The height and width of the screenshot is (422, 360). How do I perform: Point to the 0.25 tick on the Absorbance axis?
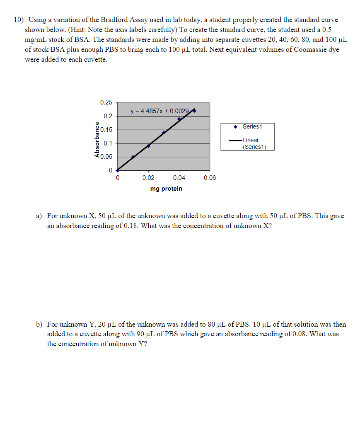[x=106, y=102]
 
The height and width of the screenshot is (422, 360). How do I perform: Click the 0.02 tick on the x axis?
[x=148, y=178]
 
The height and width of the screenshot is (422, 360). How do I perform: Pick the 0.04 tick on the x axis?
[x=179, y=178]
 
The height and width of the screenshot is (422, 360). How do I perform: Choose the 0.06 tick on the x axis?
[x=210, y=178]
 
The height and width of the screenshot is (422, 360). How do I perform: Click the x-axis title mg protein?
[x=166, y=189]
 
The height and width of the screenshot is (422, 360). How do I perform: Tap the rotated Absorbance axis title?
[x=97, y=139]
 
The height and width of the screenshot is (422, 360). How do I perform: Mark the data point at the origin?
[x=118, y=170]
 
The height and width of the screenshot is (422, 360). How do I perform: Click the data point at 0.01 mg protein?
[x=133, y=157]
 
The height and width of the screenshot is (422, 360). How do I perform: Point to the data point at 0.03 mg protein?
[x=164, y=133]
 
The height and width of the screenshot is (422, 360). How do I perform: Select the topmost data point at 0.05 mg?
[x=194, y=111]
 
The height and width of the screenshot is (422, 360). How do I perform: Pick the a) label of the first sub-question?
[x=39, y=216]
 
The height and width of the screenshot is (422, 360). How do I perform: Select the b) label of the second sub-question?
[x=39, y=324]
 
